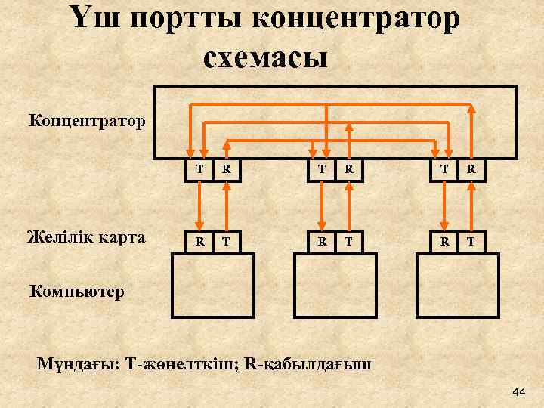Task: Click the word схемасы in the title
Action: (x=265, y=57)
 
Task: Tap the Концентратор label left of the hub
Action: (x=87, y=119)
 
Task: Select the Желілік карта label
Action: (x=85, y=238)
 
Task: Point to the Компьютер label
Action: (x=76, y=290)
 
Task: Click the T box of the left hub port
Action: (x=199, y=170)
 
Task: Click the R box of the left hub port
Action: (x=226, y=170)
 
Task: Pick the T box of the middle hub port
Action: (x=323, y=170)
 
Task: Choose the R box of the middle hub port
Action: (x=348, y=170)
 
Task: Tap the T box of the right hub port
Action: (x=445, y=170)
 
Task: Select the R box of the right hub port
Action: (x=471, y=170)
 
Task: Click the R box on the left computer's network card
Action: (x=199, y=242)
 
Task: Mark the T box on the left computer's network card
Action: (x=226, y=242)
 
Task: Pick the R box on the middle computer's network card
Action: (x=323, y=242)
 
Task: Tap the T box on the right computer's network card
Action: (x=471, y=242)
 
